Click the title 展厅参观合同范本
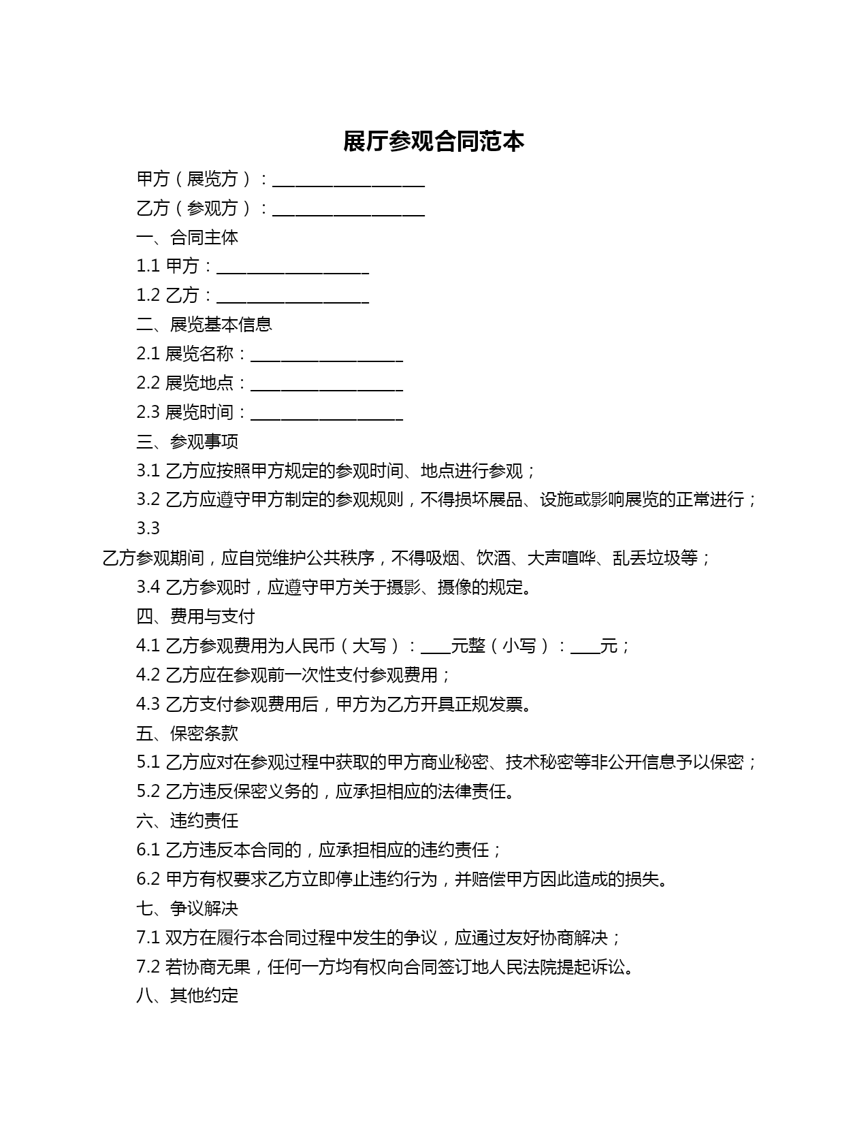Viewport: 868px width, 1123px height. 434,142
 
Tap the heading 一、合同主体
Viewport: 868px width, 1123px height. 187,237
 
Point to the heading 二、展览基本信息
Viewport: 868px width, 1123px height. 204,324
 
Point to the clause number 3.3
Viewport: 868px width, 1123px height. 148,528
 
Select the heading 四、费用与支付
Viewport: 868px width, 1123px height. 195,616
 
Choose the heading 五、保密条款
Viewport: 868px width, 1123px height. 187,733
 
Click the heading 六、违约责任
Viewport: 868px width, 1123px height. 187,820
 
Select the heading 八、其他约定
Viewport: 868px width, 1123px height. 187,995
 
